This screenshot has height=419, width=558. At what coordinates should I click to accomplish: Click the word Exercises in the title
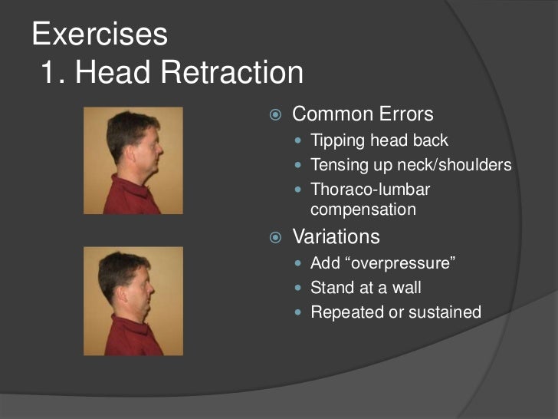(x=100, y=34)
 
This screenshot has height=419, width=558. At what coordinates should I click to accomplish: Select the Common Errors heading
(x=363, y=115)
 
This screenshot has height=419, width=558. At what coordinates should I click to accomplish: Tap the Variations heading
(x=336, y=236)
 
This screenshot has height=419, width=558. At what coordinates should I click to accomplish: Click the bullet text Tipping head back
(x=379, y=141)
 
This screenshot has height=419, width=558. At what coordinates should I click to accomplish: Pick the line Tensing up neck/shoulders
(x=410, y=165)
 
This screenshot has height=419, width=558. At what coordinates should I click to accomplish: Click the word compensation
(x=363, y=209)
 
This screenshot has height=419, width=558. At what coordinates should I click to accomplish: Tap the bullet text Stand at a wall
(x=366, y=289)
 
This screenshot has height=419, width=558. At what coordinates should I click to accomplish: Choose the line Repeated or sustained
(x=396, y=312)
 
